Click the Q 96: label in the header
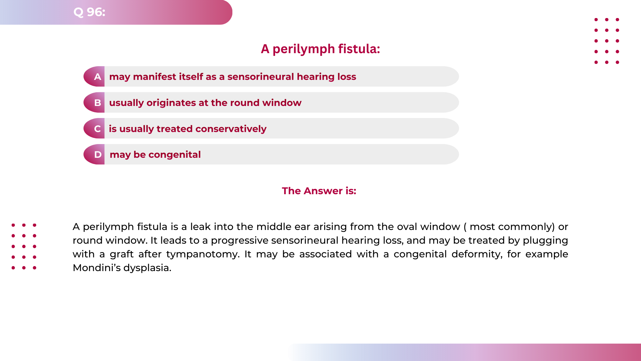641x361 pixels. coord(89,12)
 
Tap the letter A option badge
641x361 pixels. coord(97,77)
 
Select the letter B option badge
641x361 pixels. coord(97,103)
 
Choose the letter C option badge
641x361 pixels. coord(97,129)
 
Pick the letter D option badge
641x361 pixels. coord(97,154)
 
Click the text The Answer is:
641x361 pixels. coord(319,191)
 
